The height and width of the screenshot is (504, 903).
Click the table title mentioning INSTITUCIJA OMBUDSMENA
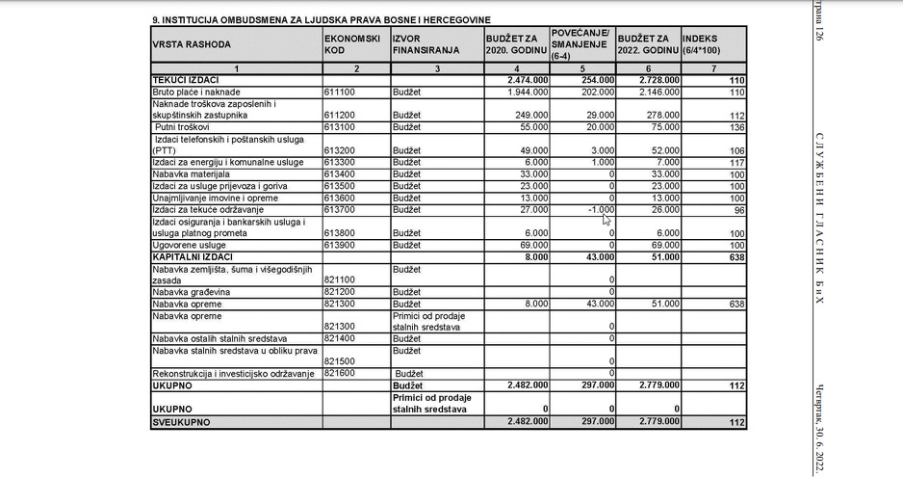pos(321,19)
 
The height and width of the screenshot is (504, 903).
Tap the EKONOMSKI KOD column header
pos(346,44)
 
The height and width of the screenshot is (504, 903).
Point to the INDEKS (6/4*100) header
pos(713,44)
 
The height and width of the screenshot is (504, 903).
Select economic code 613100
pos(343,127)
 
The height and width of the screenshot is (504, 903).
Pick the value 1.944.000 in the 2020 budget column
pos(527,93)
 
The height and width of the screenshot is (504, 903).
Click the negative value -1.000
pos(599,209)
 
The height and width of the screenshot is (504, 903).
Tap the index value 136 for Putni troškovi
pos(737,127)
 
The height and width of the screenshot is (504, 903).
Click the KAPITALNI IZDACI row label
pos(193,257)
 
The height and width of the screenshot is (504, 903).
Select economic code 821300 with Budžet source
pos(343,304)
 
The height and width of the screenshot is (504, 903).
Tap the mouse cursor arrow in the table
pos(606,220)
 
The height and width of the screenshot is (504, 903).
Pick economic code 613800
pos(343,233)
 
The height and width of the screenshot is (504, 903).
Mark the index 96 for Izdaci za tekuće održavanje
pos(739,210)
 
